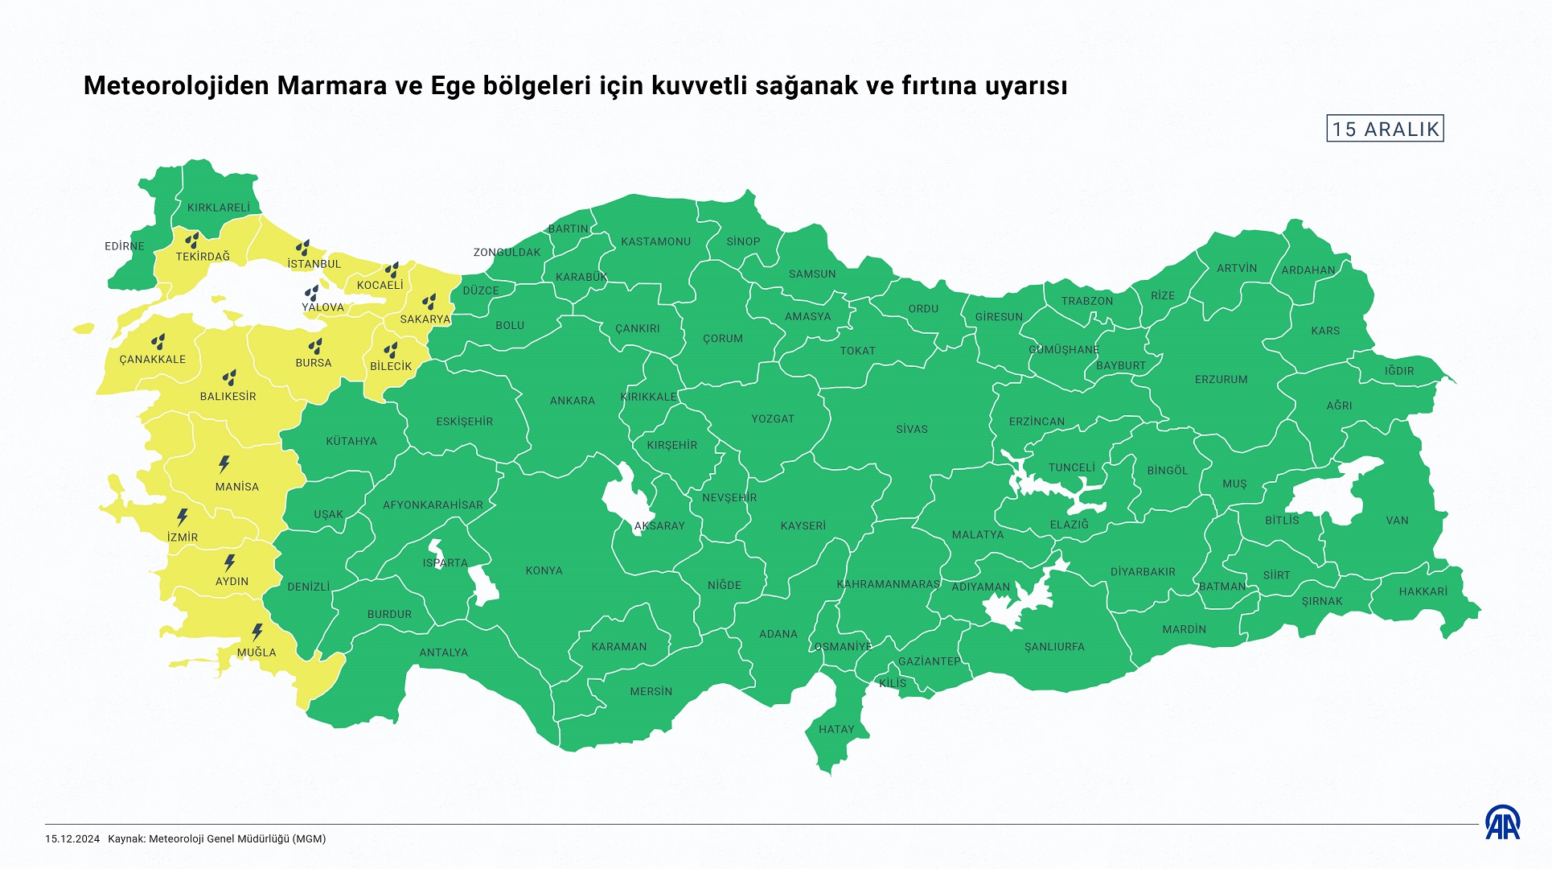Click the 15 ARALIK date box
(x=1385, y=129)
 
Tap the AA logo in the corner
(x=1502, y=822)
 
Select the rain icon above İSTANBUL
(x=302, y=248)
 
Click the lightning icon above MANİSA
(x=224, y=464)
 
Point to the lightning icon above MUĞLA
(x=257, y=632)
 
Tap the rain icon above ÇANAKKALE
(x=158, y=341)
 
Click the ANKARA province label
(x=573, y=401)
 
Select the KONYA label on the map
(x=544, y=570)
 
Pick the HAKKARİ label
(x=1423, y=591)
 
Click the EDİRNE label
(x=125, y=246)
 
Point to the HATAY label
(x=836, y=729)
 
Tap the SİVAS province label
(x=912, y=429)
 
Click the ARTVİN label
(x=1236, y=268)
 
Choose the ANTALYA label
(x=443, y=653)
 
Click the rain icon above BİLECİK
(x=391, y=350)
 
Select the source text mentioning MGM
(x=217, y=838)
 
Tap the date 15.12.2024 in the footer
(x=72, y=838)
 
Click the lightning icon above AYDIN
(x=230, y=562)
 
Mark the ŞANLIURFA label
(x=1054, y=647)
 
